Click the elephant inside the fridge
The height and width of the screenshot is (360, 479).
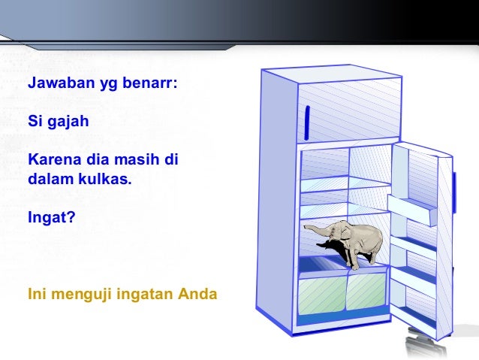357,241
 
